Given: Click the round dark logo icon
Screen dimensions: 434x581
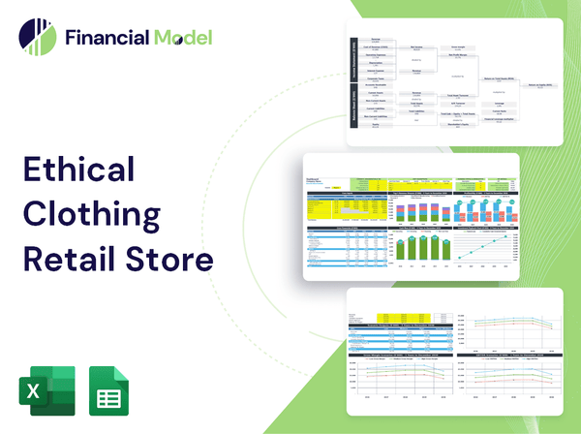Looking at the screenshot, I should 35,38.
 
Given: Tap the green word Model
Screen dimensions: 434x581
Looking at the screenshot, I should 180,39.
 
